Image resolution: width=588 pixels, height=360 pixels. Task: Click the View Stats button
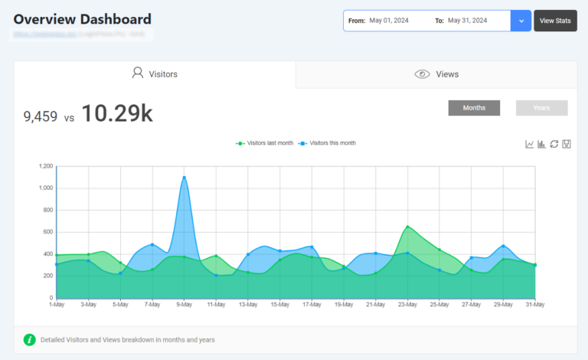[x=555, y=21]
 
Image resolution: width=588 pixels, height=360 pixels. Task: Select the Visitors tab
[x=155, y=74]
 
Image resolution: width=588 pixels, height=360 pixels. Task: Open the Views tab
[x=436, y=74]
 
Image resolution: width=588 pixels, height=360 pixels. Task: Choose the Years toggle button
[x=541, y=108]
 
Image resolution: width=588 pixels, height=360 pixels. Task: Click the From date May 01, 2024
[x=390, y=21]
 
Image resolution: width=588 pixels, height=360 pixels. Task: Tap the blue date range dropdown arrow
[x=521, y=21]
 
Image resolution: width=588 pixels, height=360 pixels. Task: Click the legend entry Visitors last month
[x=266, y=143]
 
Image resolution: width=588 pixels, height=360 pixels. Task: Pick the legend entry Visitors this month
[x=328, y=143]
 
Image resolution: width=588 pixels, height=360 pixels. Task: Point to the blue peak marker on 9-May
[x=185, y=178]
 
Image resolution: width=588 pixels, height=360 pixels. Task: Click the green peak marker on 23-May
[x=408, y=227]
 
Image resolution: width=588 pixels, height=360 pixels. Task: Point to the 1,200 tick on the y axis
[x=46, y=166]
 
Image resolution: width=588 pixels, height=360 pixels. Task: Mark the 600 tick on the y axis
[x=48, y=232]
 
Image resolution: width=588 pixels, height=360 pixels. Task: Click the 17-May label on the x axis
[x=312, y=305]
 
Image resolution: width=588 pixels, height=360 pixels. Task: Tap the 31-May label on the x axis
[x=535, y=305]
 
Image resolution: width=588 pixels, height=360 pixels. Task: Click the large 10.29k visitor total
[x=117, y=113]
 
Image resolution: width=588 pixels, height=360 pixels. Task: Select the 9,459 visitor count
[x=41, y=116]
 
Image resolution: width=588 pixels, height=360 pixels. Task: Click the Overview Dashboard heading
[x=83, y=19]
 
